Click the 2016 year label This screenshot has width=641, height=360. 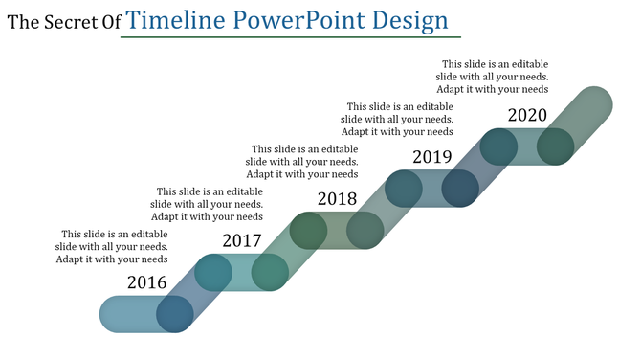(147, 282)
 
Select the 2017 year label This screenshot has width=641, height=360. (241, 241)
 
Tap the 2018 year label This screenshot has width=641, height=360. (337, 199)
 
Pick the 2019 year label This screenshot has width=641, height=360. (431, 157)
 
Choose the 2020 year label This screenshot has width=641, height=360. (527, 115)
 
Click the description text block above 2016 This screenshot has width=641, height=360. (113, 246)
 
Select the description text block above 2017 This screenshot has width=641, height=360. (208, 204)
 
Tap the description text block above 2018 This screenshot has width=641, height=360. (303, 162)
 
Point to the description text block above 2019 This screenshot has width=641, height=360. (399, 120)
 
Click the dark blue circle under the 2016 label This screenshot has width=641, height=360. (175, 314)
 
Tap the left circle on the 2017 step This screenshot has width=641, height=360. (212, 273)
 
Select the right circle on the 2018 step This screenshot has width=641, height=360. (365, 231)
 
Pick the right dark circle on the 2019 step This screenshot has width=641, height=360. (460, 189)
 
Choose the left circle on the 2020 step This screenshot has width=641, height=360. (498, 146)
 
